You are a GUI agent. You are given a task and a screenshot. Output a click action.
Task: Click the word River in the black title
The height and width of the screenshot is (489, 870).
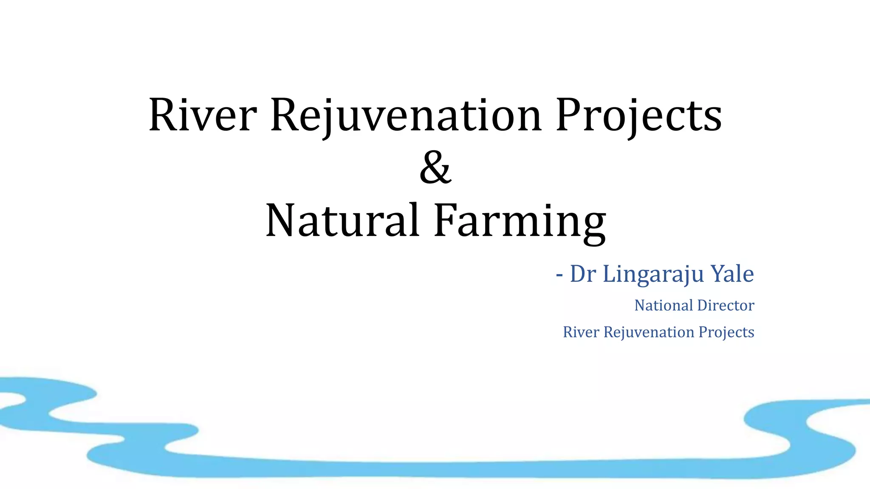click(203, 115)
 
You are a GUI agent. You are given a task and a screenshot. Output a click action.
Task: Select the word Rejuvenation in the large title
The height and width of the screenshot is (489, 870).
click(406, 115)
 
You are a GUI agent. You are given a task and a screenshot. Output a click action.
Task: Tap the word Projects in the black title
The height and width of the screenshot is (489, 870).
click(638, 115)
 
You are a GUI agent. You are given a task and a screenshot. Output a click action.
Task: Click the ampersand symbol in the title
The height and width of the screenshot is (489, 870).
click(435, 168)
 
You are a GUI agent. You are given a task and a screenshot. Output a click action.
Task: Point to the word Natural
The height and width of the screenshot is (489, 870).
click(342, 221)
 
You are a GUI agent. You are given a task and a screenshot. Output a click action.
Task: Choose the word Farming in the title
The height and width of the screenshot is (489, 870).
click(520, 221)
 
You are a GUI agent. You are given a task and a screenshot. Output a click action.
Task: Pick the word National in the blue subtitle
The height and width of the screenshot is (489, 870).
click(664, 305)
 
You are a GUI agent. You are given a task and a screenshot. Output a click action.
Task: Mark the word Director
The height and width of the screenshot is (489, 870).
click(726, 305)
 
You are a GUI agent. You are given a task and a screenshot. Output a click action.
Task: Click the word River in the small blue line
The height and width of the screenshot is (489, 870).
click(581, 332)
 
